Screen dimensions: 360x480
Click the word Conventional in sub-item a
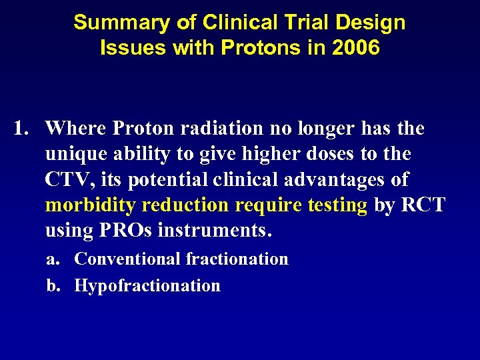click(x=128, y=259)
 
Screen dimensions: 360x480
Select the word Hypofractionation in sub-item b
click(x=147, y=285)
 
